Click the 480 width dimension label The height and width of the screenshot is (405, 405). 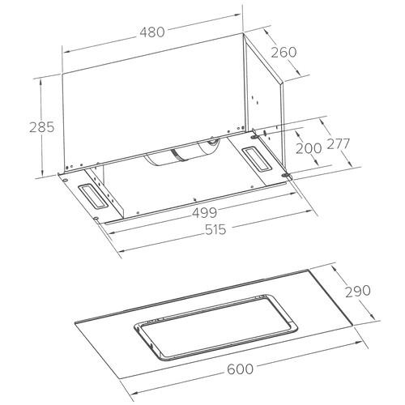pos(152,32)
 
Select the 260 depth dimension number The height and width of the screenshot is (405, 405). pos(283,52)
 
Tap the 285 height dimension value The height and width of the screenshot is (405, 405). pos(42,127)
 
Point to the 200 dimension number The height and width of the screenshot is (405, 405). pos(309,148)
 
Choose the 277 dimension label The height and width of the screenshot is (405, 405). pos(338,143)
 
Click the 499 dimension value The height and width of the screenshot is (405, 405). pos(204,213)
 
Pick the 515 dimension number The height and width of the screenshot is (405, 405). pos(215,230)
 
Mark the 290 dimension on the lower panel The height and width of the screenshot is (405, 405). pos(358,291)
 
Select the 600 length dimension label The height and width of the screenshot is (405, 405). pos(240,369)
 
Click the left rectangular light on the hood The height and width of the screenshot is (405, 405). pos(92,196)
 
